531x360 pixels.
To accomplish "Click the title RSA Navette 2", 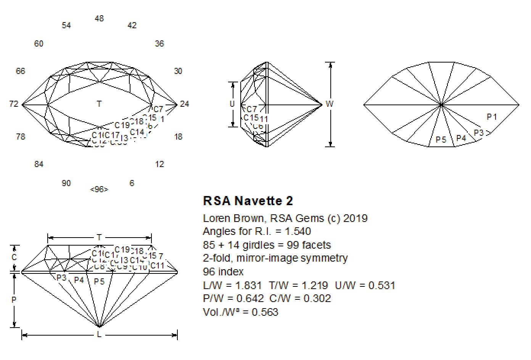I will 248,201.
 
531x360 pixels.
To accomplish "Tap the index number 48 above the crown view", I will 99,18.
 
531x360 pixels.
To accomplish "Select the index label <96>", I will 99,189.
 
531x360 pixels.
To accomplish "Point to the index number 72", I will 14,104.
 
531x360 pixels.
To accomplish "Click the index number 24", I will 184,104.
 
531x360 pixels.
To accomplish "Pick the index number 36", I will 159,43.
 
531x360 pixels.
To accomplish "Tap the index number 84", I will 39,164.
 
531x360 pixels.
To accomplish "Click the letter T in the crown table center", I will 99,104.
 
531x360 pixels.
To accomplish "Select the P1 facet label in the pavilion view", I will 492,117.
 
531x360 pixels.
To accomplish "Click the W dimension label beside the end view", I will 330,104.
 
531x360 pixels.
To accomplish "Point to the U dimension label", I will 232,104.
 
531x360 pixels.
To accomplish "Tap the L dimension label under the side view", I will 99,335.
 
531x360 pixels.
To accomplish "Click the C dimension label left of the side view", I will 14,257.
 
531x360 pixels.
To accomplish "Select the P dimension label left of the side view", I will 14,300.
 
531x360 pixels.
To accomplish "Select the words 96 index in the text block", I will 223,272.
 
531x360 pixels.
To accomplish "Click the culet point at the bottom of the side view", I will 99,326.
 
